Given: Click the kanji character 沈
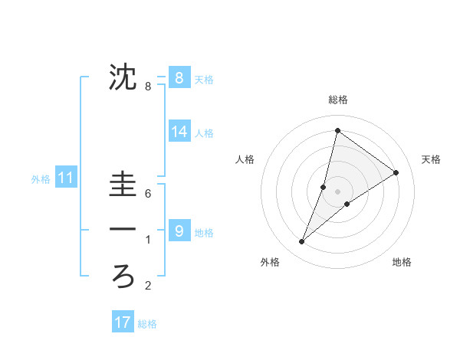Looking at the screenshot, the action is (123, 77).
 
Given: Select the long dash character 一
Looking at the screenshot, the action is (123, 229).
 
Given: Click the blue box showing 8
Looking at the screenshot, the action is (179, 77).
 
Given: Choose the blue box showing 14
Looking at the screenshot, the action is (179, 132).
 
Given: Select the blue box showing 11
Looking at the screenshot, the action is (66, 178).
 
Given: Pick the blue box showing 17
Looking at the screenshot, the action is (123, 322).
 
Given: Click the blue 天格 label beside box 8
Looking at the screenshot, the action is (204, 79).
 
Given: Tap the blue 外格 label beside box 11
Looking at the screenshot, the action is (41, 180).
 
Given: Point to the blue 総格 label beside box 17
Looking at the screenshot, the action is (147, 324).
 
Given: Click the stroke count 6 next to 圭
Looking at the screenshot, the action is (148, 194).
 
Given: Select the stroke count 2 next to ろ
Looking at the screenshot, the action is (148, 286).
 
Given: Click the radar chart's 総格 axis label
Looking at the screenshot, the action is (337, 100).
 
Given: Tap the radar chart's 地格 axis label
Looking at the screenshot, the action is (402, 263).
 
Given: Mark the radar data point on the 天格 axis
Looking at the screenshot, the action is (396, 172).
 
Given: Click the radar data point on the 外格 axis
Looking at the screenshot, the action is (301, 242).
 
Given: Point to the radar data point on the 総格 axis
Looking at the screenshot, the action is (337, 130).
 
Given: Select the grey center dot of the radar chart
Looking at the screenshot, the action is (337, 191).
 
